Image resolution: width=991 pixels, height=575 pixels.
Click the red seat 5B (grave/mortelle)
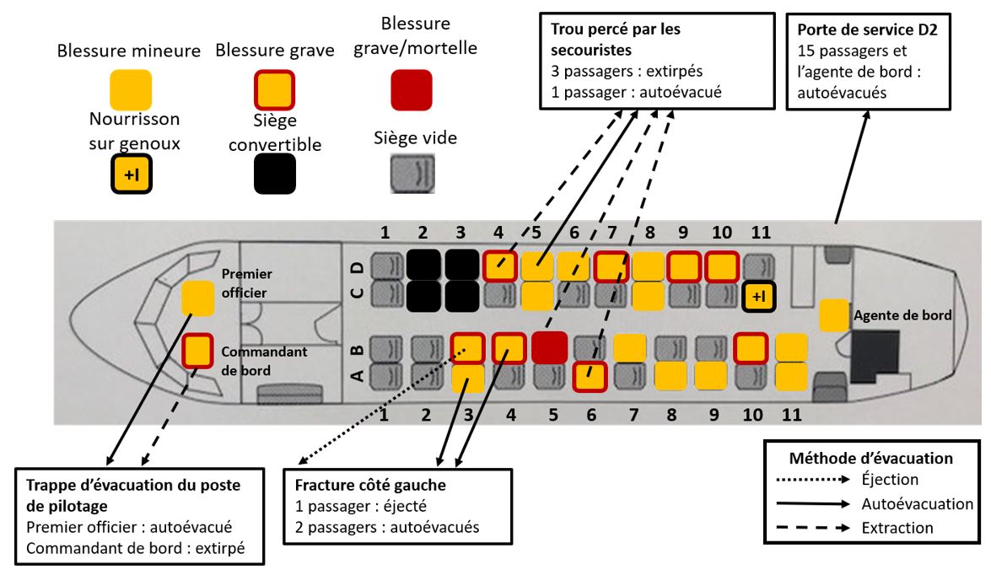548,347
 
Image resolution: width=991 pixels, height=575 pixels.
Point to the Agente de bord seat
834,314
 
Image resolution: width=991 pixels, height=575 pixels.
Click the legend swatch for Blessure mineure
131,90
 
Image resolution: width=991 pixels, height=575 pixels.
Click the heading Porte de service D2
864,29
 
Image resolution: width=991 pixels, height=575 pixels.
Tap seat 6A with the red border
590,376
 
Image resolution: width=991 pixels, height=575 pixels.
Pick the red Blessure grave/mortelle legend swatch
412,90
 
